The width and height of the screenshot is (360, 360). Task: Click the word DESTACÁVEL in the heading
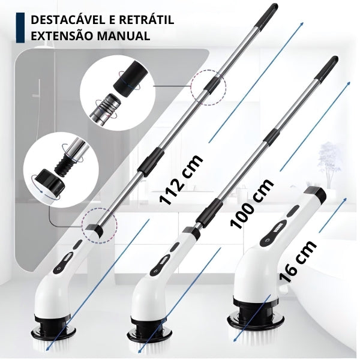pyautogui.click(x=67, y=20)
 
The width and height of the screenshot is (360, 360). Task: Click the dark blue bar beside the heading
pyautogui.click(x=20, y=28)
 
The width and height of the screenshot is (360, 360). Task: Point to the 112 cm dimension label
pyautogui.click(x=181, y=180)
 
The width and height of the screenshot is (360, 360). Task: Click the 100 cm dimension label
pyautogui.click(x=252, y=203)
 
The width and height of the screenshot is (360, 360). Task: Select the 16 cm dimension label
pyautogui.click(x=298, y=261)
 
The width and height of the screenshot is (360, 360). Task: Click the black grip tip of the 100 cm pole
pyautogui.click(x=327, y=68)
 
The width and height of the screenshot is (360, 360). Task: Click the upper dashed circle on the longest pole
pyautogui.click(x=209, y=87)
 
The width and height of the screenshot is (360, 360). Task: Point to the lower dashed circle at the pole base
pyautogui.click(x=100, y=225)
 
